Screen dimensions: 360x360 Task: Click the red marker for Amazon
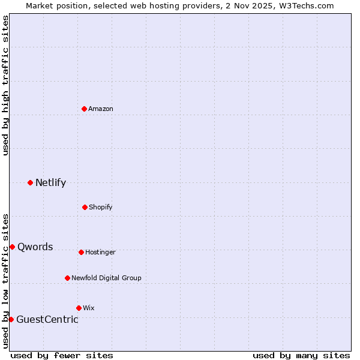pos(84,109)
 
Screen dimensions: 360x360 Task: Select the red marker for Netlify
pos(30,182)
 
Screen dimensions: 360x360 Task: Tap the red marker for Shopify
pos(85,207)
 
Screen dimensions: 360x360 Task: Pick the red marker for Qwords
pos(12,247)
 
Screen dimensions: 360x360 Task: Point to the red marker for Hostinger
pos(81,252)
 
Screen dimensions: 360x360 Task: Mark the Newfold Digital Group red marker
pos(67,278)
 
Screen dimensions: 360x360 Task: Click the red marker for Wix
pos(79,308)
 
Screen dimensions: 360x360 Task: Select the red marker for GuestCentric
pos(11,319)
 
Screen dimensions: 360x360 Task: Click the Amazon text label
pos(101,109)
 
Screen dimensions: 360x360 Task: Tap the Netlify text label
pos(50,182)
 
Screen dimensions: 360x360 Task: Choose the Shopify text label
pos(101,207)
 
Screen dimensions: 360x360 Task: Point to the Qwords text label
pos(35,247)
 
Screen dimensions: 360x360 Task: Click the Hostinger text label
pos(100,252)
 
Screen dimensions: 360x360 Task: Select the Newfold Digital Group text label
pos(106,278)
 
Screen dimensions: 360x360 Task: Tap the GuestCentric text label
pos(47,319)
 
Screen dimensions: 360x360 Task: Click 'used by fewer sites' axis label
pos(62,355)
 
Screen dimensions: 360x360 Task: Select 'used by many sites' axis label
pos(301,355)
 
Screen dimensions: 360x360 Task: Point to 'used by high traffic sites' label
pos(5,85)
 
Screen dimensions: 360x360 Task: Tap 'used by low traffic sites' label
pos(5,280)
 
